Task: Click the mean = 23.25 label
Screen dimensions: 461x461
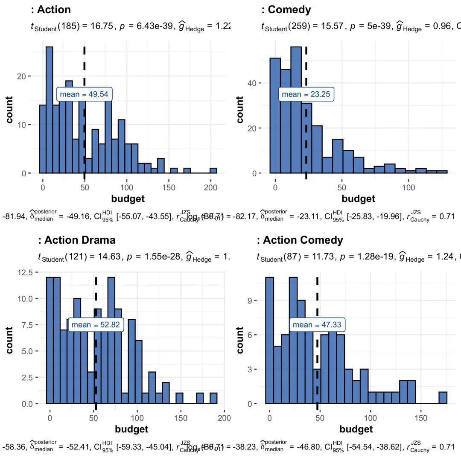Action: pos(306,94)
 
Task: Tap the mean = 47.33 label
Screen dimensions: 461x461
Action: pos(317,325)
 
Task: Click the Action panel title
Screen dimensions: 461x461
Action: pos(51,9)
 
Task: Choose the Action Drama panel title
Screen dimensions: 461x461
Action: pos(77,240)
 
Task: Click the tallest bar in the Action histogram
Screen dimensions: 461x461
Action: pos(49,110)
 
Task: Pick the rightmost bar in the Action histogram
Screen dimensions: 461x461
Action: pos(213,170)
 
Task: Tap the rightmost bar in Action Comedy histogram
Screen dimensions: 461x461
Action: pos(443,397)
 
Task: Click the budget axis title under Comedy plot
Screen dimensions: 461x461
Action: pos(359,198)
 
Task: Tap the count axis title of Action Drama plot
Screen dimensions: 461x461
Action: pos(9,340)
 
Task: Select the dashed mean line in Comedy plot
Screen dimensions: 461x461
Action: pos(306,128)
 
